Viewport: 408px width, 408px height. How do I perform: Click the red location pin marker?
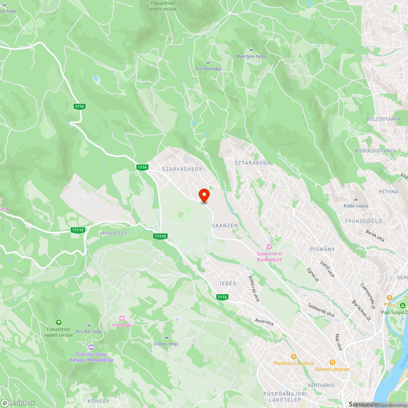click(204, 195)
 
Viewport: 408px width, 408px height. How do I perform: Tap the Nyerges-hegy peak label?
click(251, 56)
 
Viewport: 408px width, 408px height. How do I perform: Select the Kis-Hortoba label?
click(208, 69)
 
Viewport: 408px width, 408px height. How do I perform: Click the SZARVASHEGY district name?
click(182, 169)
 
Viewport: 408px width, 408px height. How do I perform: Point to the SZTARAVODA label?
click(253, 163)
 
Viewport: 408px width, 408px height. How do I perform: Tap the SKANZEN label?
click(225, 225)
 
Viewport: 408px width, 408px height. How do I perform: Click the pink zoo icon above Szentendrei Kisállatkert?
click(269, 247)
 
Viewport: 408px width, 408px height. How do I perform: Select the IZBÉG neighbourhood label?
click(228, 283)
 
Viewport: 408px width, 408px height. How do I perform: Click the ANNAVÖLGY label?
click(113, 233)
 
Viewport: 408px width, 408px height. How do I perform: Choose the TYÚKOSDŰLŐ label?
click(363, 222)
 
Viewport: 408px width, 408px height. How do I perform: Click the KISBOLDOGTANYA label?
click(375, 151)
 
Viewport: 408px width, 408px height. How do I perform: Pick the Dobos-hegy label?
click(166, 344)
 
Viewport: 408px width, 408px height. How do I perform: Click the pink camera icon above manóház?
click(122, 318)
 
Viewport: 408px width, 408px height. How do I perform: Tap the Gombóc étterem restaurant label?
click(333, 369)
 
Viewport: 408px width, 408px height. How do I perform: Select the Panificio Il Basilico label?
click(294, 363)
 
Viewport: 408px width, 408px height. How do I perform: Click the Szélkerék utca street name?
click(321, 310)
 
